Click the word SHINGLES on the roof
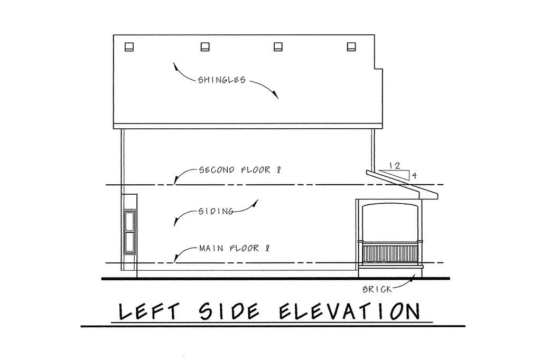coord(221,80)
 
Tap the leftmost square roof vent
coord(129,47)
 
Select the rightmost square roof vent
coord(351,47)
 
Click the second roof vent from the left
coord(205,47)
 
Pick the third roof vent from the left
coord(278,47)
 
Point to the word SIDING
coord(216,211)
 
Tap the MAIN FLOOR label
coord(234,248)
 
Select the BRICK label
coord(377,289)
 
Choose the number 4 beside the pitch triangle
coord(414,176)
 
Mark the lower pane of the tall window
coord(130,242)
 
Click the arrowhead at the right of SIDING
coord(255,203)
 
